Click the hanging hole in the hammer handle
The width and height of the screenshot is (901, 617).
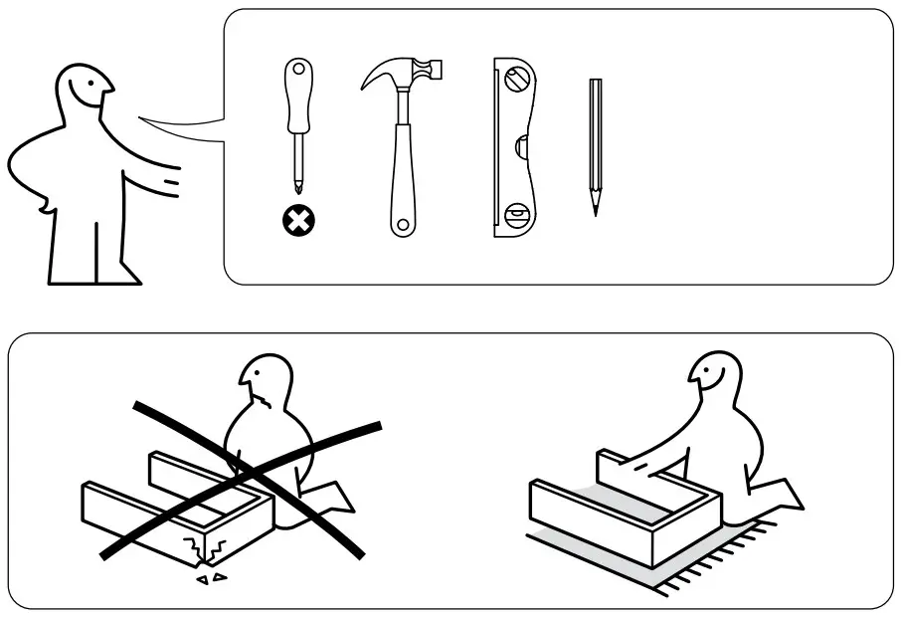tap(402, 224)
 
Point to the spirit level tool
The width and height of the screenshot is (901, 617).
tap(514, 148)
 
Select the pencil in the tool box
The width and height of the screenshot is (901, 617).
tap(595, 144)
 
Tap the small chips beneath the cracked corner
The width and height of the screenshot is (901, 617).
tap(212, 577)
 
